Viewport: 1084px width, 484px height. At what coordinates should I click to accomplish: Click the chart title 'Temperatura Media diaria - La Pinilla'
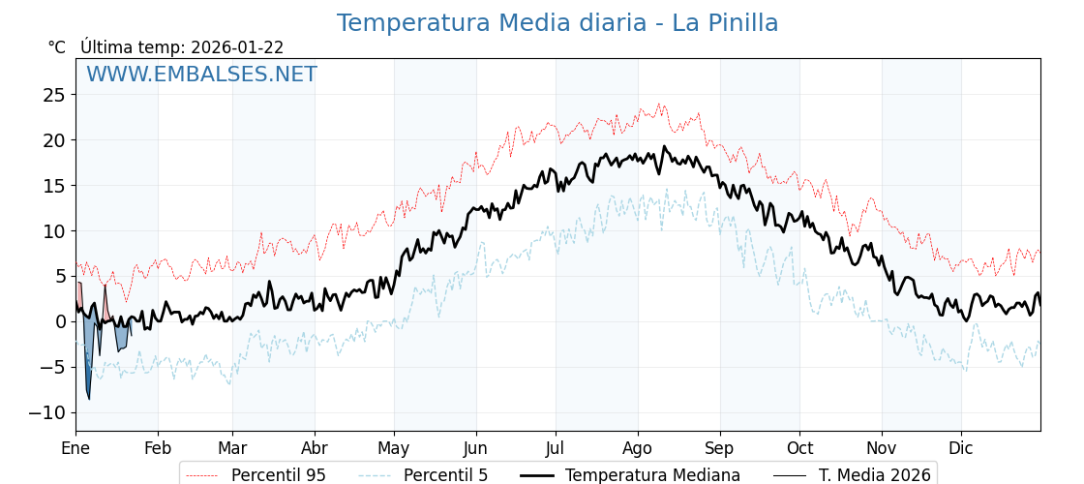(x=557, y=23)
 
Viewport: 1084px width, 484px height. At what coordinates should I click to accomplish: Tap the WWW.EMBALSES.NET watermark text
(x=201, y=75)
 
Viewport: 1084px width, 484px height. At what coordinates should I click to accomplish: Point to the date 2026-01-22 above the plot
(x=237, y=47)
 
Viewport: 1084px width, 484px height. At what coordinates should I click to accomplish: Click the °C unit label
(x=56, y=47)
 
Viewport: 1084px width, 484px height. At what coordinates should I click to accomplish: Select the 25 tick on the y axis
(x=53, y=95)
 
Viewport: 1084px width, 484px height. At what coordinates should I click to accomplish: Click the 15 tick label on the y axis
(x=53, y=186)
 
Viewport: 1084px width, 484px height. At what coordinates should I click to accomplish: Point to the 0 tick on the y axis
(x=59, y=322)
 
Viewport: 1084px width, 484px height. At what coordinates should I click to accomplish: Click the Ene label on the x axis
(x=75, y=448)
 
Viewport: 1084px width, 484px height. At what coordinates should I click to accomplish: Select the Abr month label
(x=315, y=448)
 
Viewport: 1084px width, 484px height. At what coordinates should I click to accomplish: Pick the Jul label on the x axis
(x=556, y=448)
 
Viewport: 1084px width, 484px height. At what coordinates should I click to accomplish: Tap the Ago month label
(x=638, y=448)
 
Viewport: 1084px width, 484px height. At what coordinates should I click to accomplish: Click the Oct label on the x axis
(x=799, y=448)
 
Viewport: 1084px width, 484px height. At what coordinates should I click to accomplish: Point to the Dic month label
(x=961, y=448)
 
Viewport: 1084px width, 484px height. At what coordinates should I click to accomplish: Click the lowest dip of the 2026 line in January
(x=89, y=398)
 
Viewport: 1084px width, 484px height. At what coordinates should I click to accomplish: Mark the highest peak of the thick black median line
(x=664, y=146)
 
